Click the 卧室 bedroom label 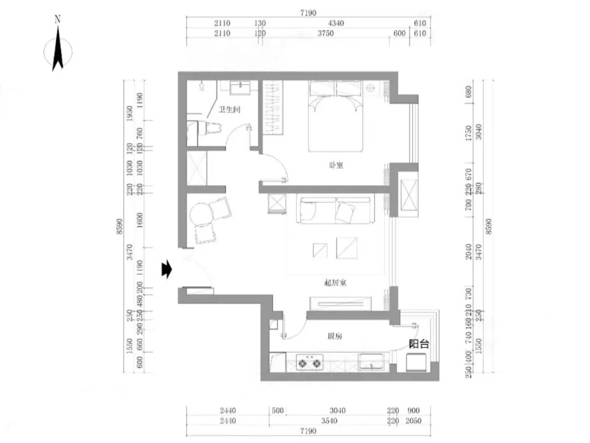click(x=337, y=165)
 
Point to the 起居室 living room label click(x=337, y=282)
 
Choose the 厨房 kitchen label click(x=335, y=336)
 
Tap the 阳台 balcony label click(x=419, y=344)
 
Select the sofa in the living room click(x=336, y=210)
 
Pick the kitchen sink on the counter click(x=371, y=362)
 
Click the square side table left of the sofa click(x=279, y=203)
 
